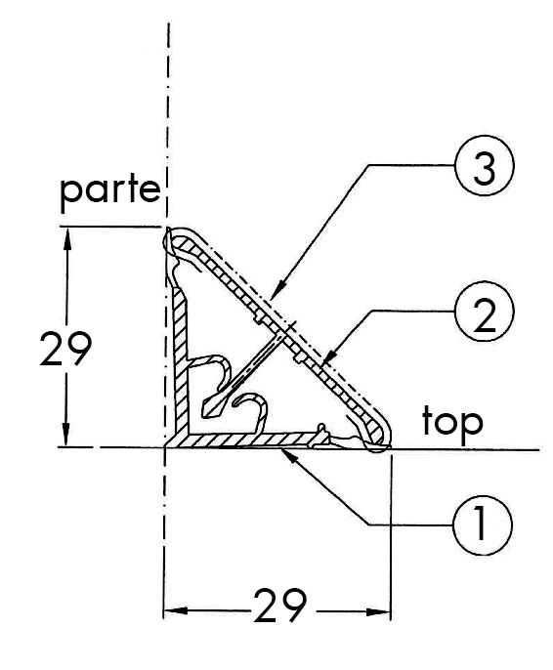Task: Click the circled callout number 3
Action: [x=484, y=165]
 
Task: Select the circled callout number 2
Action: [x=484, y=311]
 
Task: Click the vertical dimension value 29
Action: [x=65, y=349]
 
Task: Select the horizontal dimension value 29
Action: [x=279, y=606]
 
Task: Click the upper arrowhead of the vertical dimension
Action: [x=67, y=238]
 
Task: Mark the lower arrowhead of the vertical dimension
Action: [x=65, y=435]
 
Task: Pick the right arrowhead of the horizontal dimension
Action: [x=379, y=611]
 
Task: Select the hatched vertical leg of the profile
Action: [x=181, y=363]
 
